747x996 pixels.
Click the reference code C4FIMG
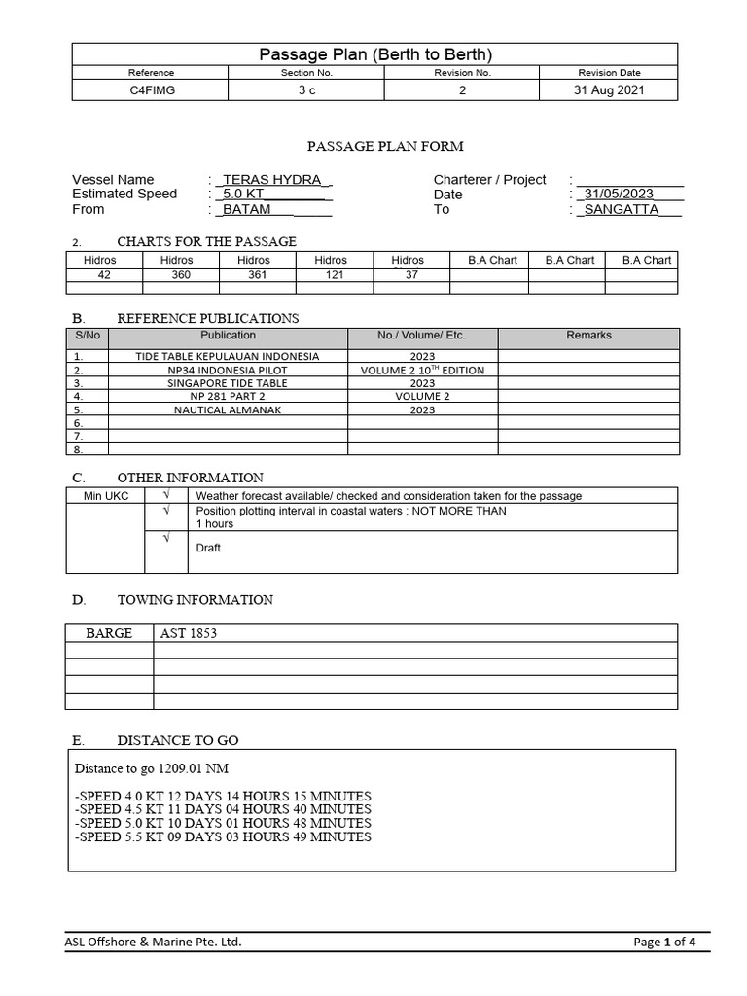pos(152,90)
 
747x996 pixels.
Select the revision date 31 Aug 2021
pos(610,90)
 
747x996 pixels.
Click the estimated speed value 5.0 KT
pos(244,194)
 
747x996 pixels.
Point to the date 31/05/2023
pos(620,194)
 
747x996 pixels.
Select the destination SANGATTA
pos(622,209)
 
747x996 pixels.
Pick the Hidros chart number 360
pos(177,275)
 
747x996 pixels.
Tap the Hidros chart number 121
pos(331,275)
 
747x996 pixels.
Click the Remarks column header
pos(588,336)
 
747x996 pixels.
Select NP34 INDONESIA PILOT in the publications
pos(228,371)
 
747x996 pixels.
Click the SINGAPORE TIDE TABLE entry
pos(228,383)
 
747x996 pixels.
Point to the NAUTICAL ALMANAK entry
pos(228,410)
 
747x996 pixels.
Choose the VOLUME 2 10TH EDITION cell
pos(422,371)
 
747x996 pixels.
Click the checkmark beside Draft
pos(165,538)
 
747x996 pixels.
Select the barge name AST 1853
pos(189,633)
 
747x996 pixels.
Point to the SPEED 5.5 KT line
pos(223,836)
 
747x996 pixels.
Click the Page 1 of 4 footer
pos(664,942)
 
